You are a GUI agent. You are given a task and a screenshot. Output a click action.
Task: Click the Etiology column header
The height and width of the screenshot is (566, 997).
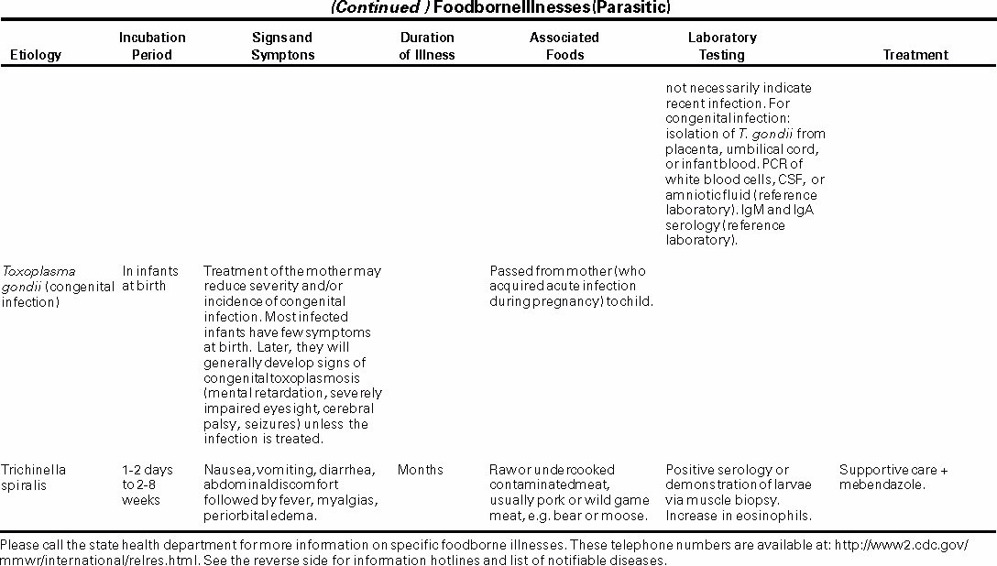pyautogui.click(x=36, y=55)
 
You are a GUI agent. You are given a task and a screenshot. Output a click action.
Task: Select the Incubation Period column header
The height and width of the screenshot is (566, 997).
pyautogui.click(x=152, y=46)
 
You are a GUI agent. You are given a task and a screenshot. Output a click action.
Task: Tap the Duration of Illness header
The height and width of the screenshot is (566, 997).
pyautogui.click(x=427, y=46)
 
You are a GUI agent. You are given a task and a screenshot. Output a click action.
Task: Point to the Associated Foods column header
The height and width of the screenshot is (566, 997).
pyautogui.click(x=564, y=46)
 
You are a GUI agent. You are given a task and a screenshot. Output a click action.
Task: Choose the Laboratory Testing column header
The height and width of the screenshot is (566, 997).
pyautogui.click(x=722, y=46)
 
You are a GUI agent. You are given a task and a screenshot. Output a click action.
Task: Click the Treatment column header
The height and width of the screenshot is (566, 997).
pyautogui.click(x=915, y=55)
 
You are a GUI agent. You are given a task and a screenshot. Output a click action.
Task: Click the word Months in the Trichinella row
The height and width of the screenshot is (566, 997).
pyautogui.click(x=421, y=470)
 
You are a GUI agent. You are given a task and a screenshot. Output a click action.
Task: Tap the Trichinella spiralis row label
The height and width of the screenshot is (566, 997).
pyautogui.click(x=34, y=477)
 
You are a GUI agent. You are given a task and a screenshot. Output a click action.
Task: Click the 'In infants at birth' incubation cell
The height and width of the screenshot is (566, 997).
pyautogui.click(x=150, y=278)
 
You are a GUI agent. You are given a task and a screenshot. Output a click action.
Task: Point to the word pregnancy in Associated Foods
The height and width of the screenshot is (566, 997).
pyautogui.click(x=569, y=301)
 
